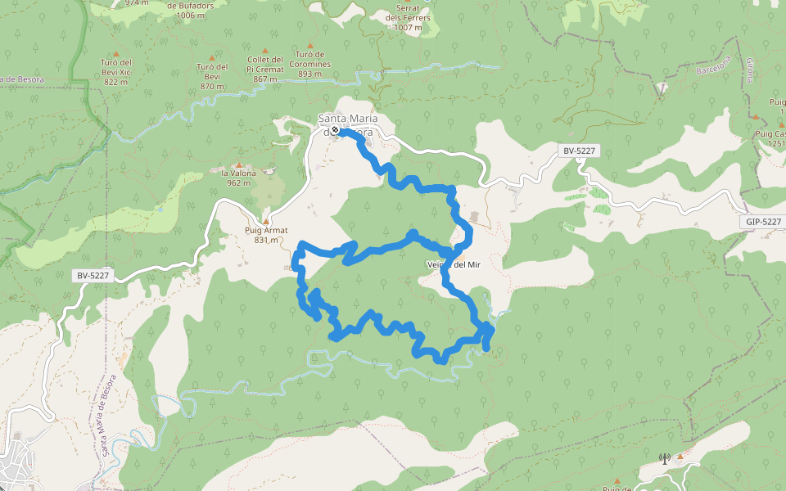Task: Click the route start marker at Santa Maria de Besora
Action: (x=335, y=129)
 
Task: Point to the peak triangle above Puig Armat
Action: (x=265, y=221)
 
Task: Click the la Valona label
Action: (x=239, y=178)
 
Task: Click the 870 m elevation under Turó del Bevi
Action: (x=212, y=86)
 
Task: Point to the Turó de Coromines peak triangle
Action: (x=309, y=46)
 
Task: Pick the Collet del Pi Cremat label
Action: (x=264, y=69)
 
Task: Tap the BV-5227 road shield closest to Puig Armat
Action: (x=93, y=276)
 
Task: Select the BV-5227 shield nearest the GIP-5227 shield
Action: (x=579, y=151)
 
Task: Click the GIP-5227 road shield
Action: (x=764, y=222)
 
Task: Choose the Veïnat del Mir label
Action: (x=453, y=265)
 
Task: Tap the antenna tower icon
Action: (x=664, y=458)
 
